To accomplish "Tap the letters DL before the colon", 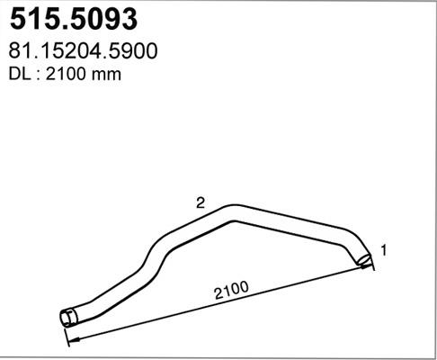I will point(17,75).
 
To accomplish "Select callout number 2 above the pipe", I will point(201,204).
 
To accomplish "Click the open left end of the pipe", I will point(65,317).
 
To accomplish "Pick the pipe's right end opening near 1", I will point(363,260).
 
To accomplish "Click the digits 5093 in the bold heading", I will point(111,18).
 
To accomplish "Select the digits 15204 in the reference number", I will point(70,52).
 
